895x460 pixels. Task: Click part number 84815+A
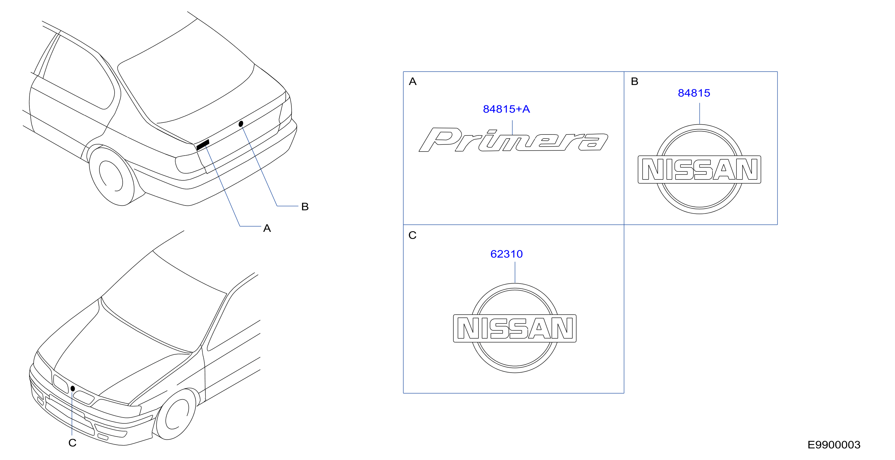(x=506, y=109)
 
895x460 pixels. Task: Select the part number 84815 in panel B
(x=694, y=93)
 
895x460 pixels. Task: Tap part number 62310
(x=506, y=254)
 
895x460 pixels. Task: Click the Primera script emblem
(x=513, y=140)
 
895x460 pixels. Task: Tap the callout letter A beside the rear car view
(x=267, y=228)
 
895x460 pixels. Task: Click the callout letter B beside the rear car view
(x=305, y=206)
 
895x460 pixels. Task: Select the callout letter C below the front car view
(x=72, y=443)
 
